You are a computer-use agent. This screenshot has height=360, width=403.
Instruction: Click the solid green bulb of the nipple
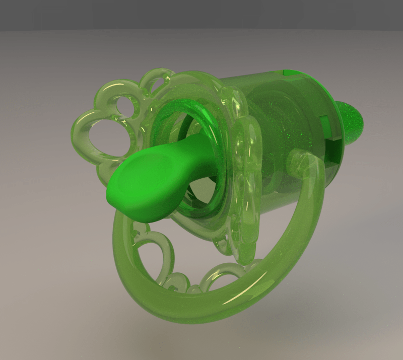tap(141, 186)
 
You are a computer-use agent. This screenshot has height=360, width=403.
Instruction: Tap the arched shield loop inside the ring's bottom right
tap(222, 274)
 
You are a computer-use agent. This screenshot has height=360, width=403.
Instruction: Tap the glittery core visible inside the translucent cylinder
tap(282, 126)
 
